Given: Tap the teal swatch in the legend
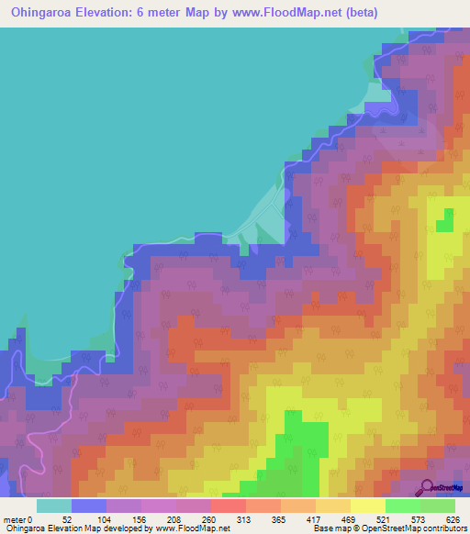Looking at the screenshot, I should tap(54, 505).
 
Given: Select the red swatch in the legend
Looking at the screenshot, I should tap(229, 505).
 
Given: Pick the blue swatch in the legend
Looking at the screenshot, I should tap(89, 505).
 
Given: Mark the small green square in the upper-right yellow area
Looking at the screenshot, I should tap(447, 220).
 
